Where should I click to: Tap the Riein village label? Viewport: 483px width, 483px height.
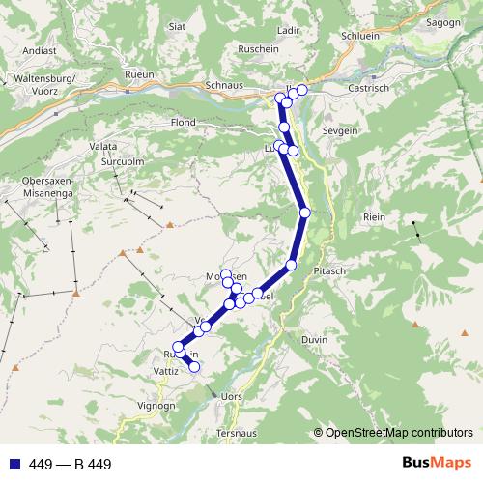pos(374,217)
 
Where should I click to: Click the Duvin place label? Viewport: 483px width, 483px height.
pos(315,340)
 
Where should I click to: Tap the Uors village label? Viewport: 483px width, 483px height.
pos(232,396)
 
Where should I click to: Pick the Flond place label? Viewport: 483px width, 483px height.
pos(183,124)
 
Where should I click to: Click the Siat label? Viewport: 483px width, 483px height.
pos(177,27)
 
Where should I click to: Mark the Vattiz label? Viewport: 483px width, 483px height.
pos(167,371)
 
